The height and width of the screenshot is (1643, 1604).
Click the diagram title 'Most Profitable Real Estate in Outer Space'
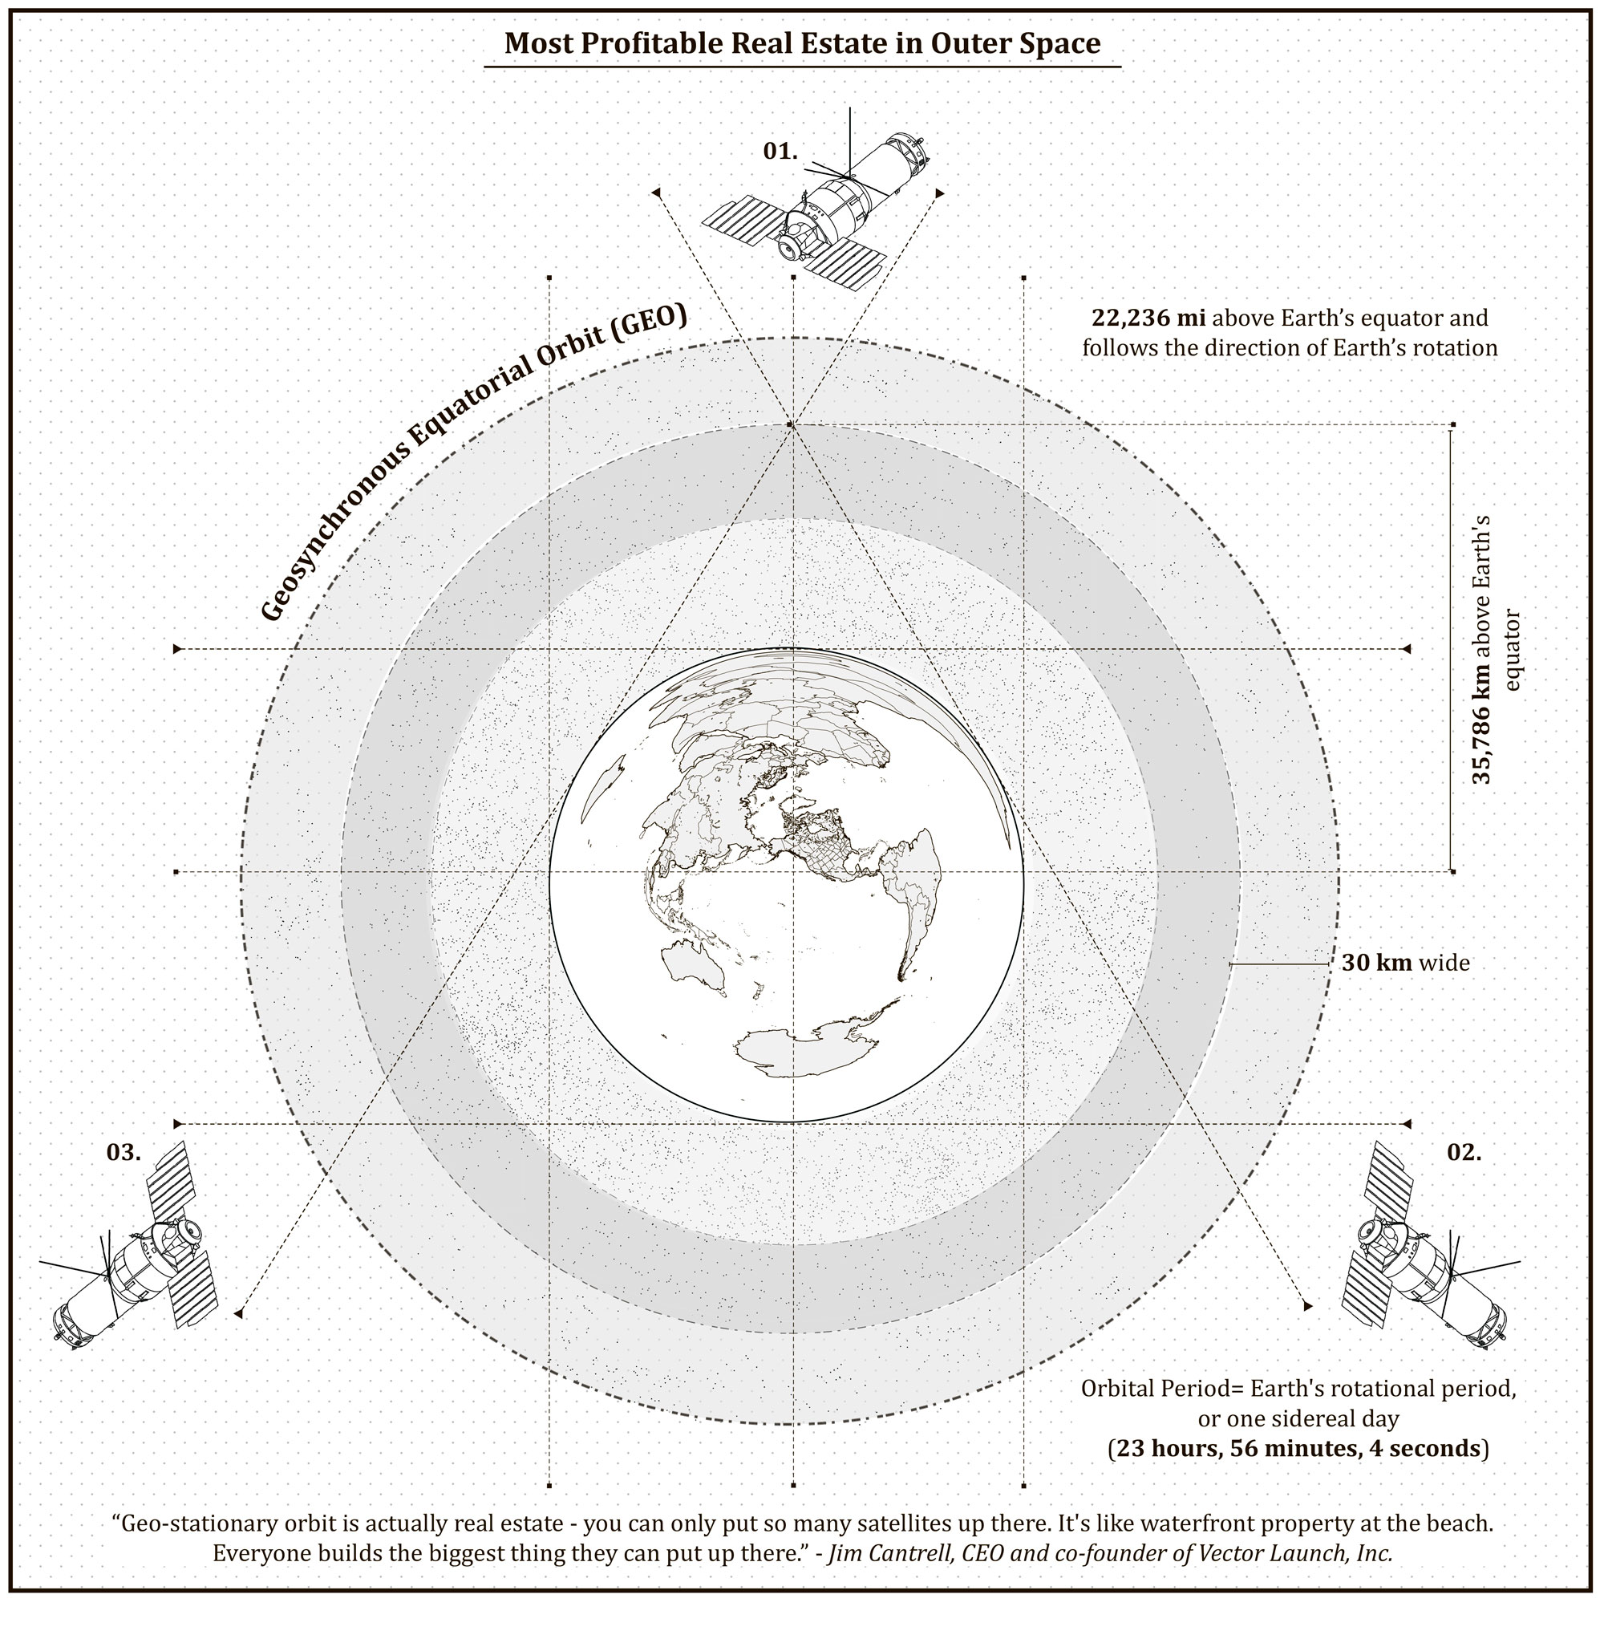tap(802, 43)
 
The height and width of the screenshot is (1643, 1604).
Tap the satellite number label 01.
tap(780, 151)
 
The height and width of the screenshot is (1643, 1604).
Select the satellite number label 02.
tap(1464, 1153)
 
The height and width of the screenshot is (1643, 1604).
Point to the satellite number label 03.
tap(124, 1153)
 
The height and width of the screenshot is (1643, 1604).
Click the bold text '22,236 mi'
tap(1148, 318)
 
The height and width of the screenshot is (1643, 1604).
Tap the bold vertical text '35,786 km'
tap(1480, 721)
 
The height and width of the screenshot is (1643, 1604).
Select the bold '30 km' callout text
tap(1376, 962)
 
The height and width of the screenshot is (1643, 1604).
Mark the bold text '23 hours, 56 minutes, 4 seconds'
tap(1298, 1447)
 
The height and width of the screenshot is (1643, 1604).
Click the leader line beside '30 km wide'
tap(1279, 963)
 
